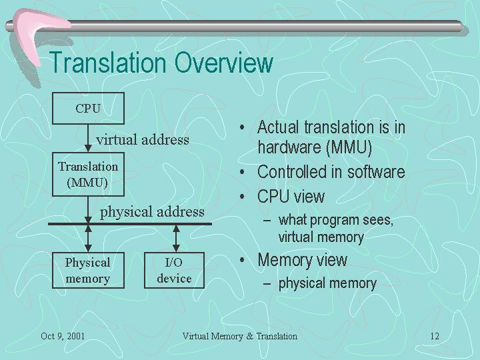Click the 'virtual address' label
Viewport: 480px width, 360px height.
(x=143, y=140)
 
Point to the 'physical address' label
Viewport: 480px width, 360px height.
(x=152, y=212)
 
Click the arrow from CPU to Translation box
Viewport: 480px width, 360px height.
(x=88, y=138)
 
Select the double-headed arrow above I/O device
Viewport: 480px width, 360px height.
(x=176, y=239)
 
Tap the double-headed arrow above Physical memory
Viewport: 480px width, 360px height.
(x=88, y=239)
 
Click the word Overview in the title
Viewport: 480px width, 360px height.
(x=224, y=63)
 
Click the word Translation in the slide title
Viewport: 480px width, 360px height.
(x=107, y=63)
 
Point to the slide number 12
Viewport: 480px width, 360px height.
(x=435, y=336)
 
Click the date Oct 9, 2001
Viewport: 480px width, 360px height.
(x=63, y=336)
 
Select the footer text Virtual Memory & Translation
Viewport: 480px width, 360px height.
(x=240, y=336)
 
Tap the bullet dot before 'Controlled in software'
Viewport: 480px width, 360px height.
(x=242, y=172)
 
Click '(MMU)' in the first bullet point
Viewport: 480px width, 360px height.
(x=349, y=147)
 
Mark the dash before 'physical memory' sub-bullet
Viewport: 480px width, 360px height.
(x=267, y=284)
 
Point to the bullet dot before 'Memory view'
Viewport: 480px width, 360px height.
(x=242, y=260)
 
